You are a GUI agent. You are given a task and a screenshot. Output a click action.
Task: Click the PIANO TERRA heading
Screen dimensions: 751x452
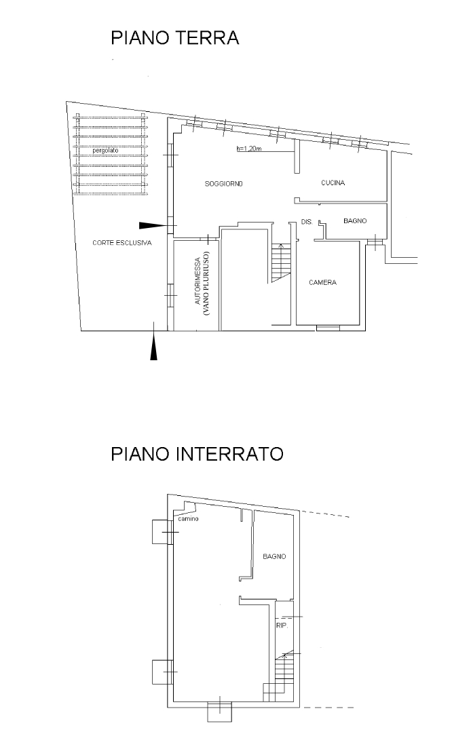click(x=175, y=38)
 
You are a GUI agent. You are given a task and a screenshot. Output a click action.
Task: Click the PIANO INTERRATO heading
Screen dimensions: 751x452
click(x=197, y=454)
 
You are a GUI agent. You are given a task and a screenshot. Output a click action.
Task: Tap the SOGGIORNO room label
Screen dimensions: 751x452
click(x=224, y=185)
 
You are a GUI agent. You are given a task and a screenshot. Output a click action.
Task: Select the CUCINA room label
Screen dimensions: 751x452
click(x=333, y=183)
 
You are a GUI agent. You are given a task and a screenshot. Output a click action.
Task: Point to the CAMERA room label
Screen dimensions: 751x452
click(x=322, y=283)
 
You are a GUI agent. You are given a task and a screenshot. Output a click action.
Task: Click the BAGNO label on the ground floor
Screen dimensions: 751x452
click(x=355, y=221)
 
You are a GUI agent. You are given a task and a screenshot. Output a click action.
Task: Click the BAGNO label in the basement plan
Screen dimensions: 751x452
click(x=274, y=556)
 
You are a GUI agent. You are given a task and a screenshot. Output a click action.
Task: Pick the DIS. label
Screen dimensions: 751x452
click(x=305, y=222)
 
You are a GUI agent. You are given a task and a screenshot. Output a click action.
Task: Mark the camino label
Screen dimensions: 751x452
click(x=188, y=519)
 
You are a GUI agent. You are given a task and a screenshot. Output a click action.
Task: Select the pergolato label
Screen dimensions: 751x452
click(x=105, y=151)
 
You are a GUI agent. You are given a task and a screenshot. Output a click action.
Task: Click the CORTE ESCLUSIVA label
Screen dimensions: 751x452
click(x=122, y=242)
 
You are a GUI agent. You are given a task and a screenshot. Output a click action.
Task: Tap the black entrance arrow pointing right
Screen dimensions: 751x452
click(x=152, y=225)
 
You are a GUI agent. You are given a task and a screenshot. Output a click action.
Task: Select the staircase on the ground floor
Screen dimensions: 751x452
click(x=279, y=263)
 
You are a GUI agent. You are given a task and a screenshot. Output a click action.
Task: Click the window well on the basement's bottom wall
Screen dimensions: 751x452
click(x=220, y=712)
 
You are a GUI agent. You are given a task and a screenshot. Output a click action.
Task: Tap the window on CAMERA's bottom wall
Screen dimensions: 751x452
click(x=328, y=328)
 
